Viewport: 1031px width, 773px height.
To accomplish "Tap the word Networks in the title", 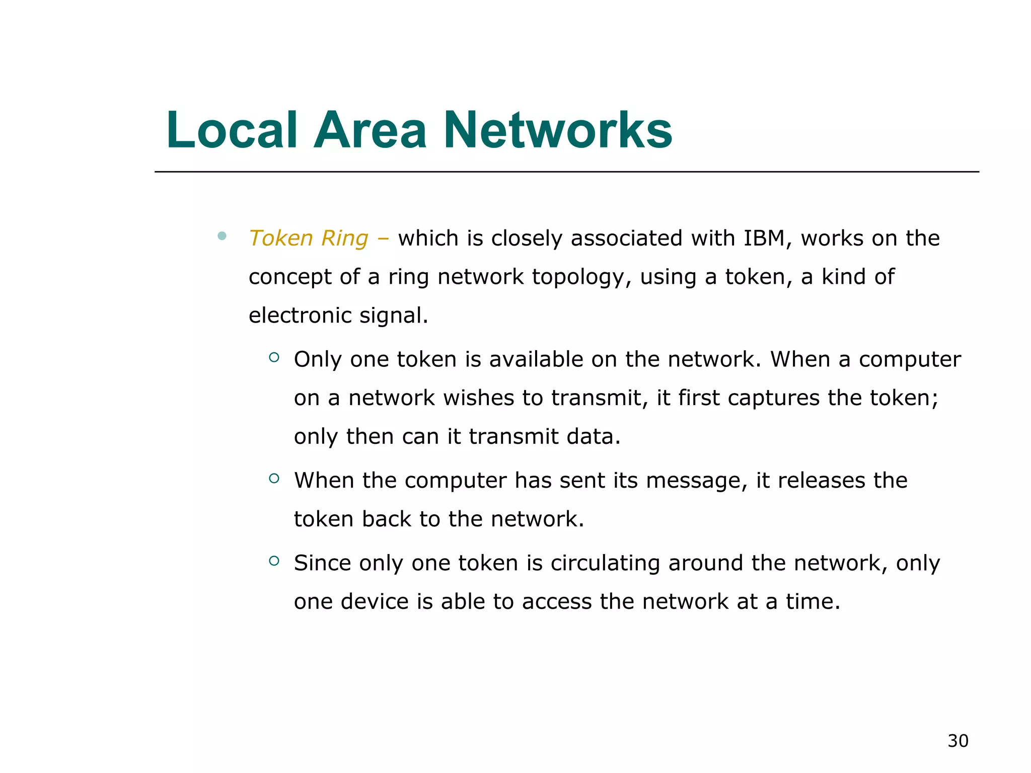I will coord(557,130).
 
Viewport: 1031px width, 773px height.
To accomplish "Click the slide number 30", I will coord(958,741).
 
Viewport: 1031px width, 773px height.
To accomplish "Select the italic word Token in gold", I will coord(280,238).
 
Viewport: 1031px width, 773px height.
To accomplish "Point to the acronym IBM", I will coord(764,238).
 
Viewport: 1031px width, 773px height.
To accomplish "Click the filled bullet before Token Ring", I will coord(222,236).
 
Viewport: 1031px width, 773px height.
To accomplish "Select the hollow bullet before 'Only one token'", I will coord(274,357).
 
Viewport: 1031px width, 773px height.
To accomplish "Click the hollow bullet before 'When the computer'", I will coord(274,479).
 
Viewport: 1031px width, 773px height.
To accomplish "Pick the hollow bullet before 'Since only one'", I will coord(274,561).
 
